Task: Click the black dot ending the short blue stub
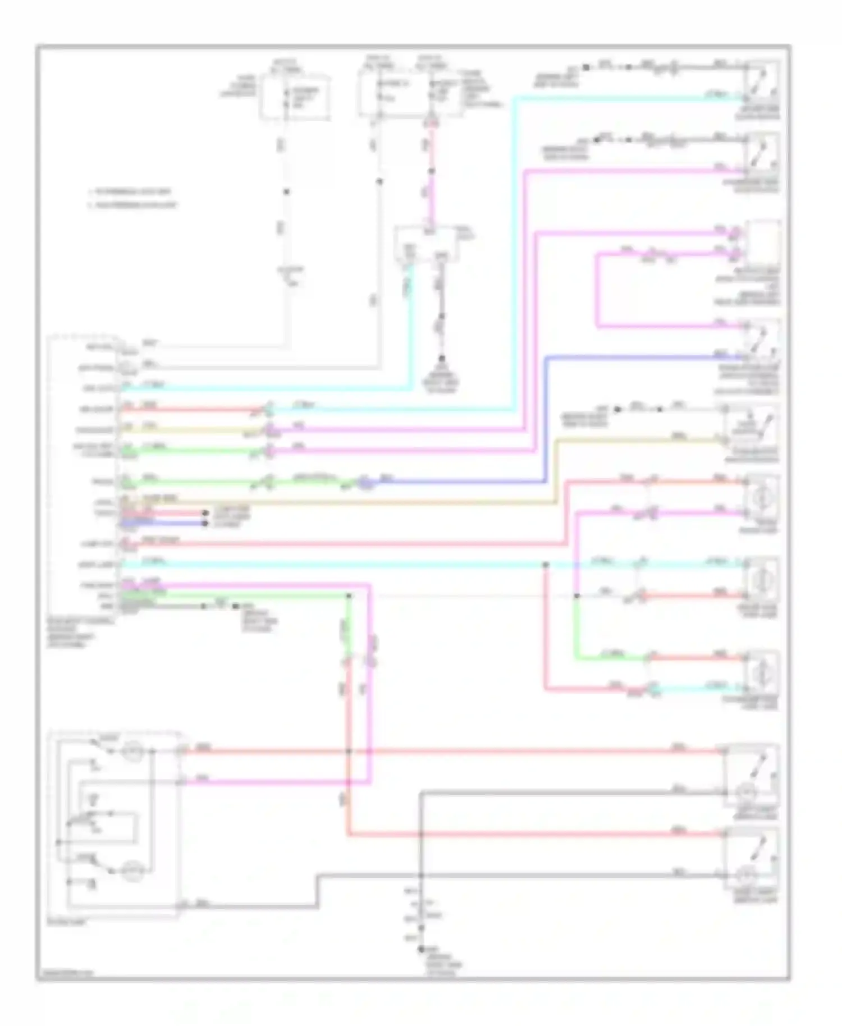click(x=204, y=524)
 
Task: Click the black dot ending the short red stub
click(x=204, y=513)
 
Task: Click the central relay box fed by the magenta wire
click(x=427, y=244)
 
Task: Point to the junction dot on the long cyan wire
click(x=545, y=565)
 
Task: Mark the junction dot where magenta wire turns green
click(x=576, y=596)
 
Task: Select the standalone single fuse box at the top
click(x=294, y=97)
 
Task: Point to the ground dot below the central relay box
click(x=442, y=358)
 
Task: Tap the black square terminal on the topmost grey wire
click(x=585, y=67)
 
